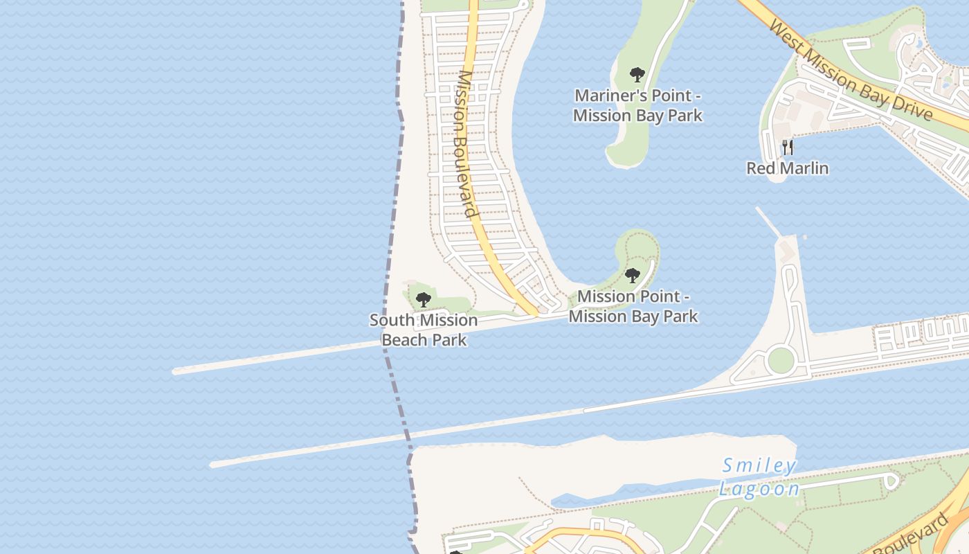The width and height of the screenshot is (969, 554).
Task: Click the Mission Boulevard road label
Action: point(468,144)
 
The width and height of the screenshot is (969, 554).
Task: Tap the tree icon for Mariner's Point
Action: point(637,74)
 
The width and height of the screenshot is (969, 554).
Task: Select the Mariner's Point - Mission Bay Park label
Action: point(637,105)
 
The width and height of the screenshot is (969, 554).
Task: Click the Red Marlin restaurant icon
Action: point(787,147)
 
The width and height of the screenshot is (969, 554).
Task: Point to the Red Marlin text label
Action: point(787,168)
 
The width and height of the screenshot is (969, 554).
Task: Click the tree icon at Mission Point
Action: point(632,276)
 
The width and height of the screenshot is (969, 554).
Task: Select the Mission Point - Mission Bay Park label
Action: point(633,307)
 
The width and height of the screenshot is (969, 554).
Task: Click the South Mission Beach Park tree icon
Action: point(423,300)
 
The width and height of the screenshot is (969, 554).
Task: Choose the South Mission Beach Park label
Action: point(423,330)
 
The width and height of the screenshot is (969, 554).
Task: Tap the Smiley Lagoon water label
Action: point(759,477)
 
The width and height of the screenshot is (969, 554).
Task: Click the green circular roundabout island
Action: point(780,360)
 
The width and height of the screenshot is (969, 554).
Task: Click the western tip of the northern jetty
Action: point(175,371)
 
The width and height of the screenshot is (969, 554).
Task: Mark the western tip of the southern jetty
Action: point(213,464)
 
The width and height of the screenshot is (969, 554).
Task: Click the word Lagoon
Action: point(759,490)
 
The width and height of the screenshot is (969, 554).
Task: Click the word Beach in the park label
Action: point(404,340)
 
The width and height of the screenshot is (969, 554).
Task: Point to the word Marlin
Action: point(805,168)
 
